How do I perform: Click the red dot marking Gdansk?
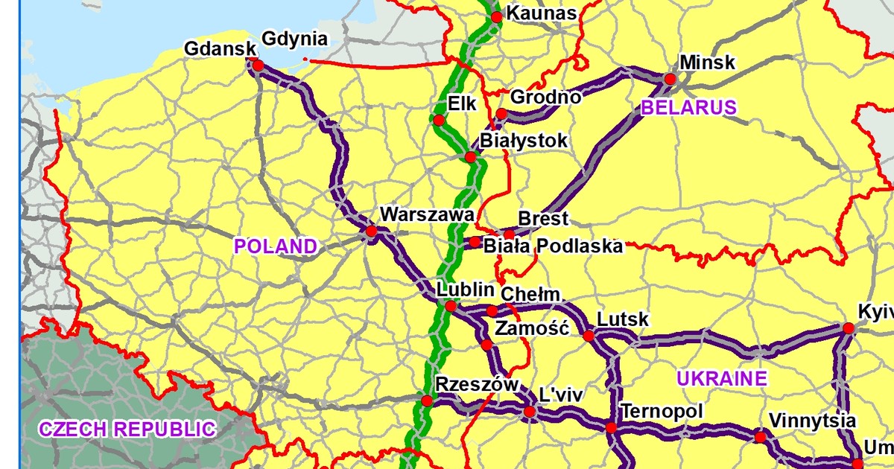[258, 66]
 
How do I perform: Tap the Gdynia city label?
[295, 39]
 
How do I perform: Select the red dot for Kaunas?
[497, 16]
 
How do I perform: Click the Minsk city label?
[707, 62]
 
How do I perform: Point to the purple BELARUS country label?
[688, 107]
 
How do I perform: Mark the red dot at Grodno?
[501, 114]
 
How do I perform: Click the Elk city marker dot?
[438, 121]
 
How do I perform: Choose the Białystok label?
[524, 141]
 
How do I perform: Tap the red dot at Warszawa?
[371, 232]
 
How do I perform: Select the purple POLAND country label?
[276, 246]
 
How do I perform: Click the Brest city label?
[543, 219]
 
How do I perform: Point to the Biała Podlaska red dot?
[475, 241]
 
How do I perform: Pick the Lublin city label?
[466, 290]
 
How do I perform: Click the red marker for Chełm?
[492, 310]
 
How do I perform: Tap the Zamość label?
[532, 328]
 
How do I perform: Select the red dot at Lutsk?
[589, 336]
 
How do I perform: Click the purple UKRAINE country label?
[721, 378]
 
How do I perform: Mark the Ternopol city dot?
[611, 428]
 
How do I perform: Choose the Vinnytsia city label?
[812, 421]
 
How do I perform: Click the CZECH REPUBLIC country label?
[127, 429]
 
